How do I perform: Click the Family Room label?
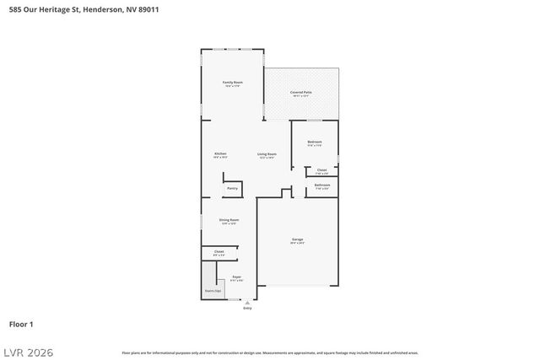(x=232, y=83)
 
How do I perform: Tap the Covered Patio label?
(x=301, y=93)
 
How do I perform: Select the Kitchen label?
(x=220, y=154)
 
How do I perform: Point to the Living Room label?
(x=267, y=154)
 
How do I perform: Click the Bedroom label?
(x=315, y=142)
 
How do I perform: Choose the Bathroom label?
(x=322, y=185)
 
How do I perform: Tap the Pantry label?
(x=232, y=188)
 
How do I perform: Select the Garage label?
(x=298, y=240)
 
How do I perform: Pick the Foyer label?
(x=237, y=277)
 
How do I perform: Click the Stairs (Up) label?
(x=213, y=291)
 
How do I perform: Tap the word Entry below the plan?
(x=247, y=309)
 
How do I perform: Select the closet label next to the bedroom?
(x=321, y=170)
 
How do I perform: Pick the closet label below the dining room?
(x=219, y=251)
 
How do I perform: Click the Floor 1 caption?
(x=21, y=324)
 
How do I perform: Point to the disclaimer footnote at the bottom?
(x=270, y=352)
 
